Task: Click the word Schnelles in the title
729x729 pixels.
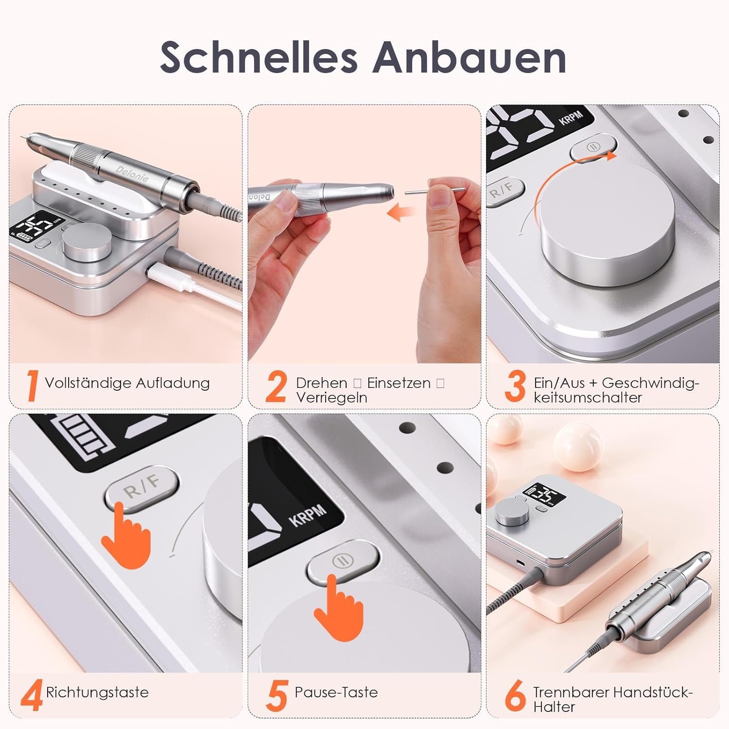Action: coord(259,57)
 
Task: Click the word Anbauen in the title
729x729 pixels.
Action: coord(469,57)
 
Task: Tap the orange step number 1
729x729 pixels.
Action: coord(33,386)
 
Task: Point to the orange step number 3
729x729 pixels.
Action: coord(515,386)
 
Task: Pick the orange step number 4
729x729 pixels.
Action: coord(32,695)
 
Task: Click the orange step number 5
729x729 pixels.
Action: coord(277,695)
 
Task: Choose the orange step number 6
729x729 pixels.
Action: coord(516,695)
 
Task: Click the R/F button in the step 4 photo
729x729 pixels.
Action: coord(141,488)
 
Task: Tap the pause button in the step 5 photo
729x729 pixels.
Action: coord(343,561)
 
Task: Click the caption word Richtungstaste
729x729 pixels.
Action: coord(97,692)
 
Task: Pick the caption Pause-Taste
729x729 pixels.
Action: coord(336,692)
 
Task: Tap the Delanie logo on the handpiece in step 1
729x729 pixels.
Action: coord(132,173)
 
